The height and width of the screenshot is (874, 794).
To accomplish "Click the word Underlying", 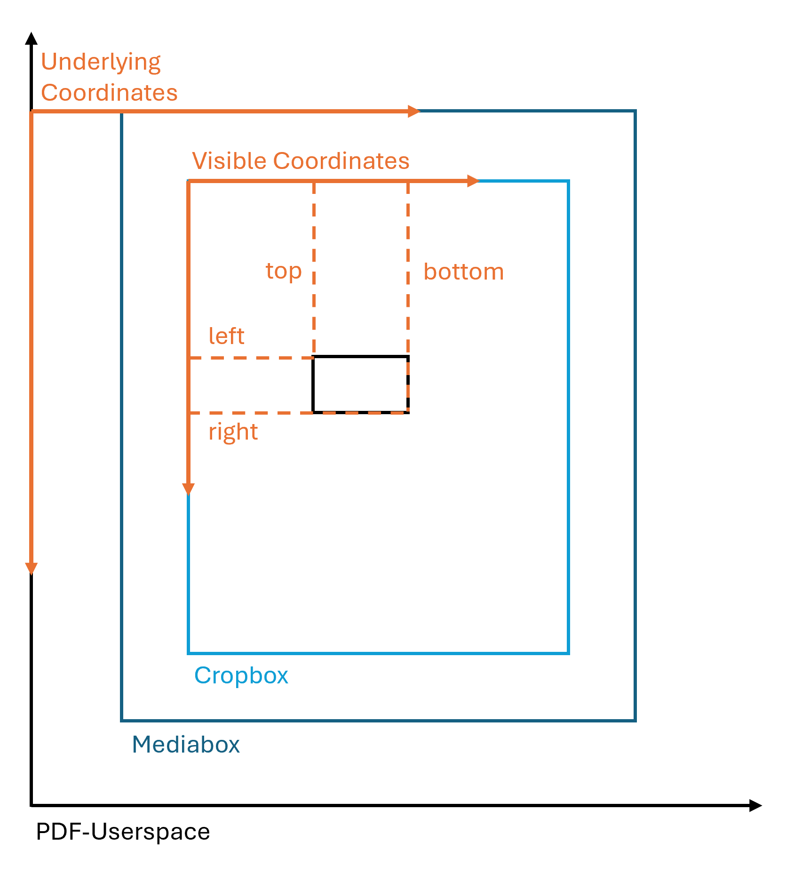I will [x=101, y=62].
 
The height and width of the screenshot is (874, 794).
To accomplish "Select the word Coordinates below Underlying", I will [x=109, y=93].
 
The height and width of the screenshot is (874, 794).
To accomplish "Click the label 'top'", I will [x=283, y=271].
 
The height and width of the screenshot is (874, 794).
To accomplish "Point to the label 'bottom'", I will [x=463, y=272].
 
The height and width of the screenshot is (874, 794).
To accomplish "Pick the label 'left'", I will [x=226, y=336].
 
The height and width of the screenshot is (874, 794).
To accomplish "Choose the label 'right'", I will [x=233, y=432].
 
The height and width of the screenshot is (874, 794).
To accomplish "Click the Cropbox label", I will [x=241, y=676].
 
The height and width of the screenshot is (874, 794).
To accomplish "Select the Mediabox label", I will [x=186, y=745].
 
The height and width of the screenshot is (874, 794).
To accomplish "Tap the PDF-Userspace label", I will [x=123, y=832].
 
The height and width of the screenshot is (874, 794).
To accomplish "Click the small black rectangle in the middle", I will [x=360, y=385].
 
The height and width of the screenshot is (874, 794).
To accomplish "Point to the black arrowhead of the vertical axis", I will [x=31, y=39].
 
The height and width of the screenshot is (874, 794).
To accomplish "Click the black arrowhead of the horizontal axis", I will [x=755, y=805].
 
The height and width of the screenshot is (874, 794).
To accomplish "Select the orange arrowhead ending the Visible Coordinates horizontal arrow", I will [x=473, y=181].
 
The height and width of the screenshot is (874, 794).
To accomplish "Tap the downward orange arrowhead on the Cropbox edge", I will [x=188, y=489].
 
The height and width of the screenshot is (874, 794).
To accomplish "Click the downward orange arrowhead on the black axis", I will [x=31, y=569].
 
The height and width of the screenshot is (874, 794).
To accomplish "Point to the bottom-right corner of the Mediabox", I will [x=635, y=720].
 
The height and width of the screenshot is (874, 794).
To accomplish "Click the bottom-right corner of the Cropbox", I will [x=569, y=653].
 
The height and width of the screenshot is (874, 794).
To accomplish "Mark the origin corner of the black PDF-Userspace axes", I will [x=32, y=805].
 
